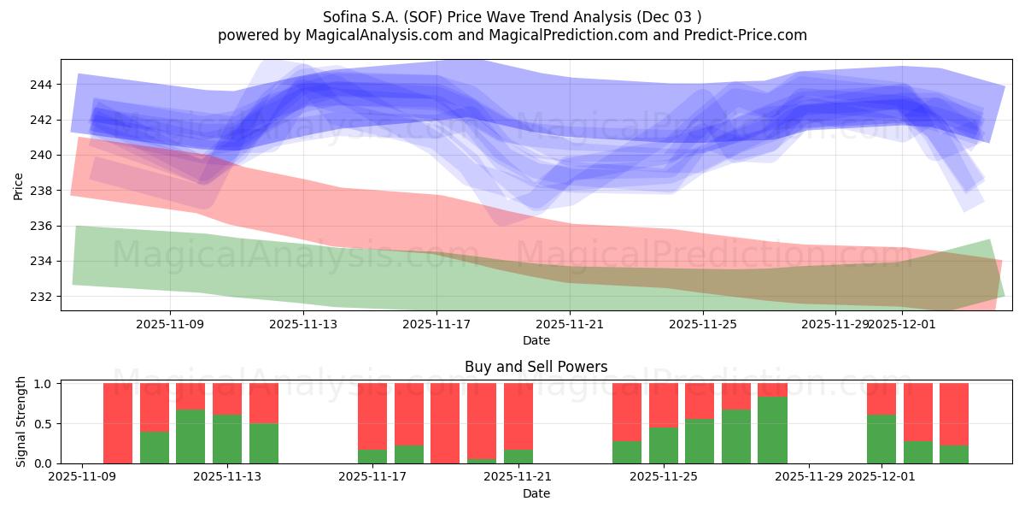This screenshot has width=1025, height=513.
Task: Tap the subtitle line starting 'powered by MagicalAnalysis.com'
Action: tap(512, 35)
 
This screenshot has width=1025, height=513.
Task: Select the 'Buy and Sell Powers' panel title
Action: tap(536, 367)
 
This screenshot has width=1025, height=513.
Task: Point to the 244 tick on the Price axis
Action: tap(42, 85)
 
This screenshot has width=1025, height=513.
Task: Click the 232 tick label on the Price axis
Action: tap(42, 297)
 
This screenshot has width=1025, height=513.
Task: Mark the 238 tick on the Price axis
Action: tap(42, 191)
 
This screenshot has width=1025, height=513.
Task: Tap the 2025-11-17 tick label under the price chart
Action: tap(436, 325)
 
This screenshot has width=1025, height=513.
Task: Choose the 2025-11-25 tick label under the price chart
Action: tap(702, 325)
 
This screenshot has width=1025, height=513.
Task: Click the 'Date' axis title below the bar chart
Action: tap(536, 493)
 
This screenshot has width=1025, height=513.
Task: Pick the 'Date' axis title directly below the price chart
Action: tap(536, 340)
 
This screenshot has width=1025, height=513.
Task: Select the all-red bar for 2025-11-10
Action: tap(118, 423)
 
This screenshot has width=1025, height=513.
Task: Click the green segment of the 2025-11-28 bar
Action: tap(772, 430)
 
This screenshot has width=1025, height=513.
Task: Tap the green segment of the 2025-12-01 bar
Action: tap(881, 439)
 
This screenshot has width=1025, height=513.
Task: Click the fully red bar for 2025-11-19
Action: tap(445, 423)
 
